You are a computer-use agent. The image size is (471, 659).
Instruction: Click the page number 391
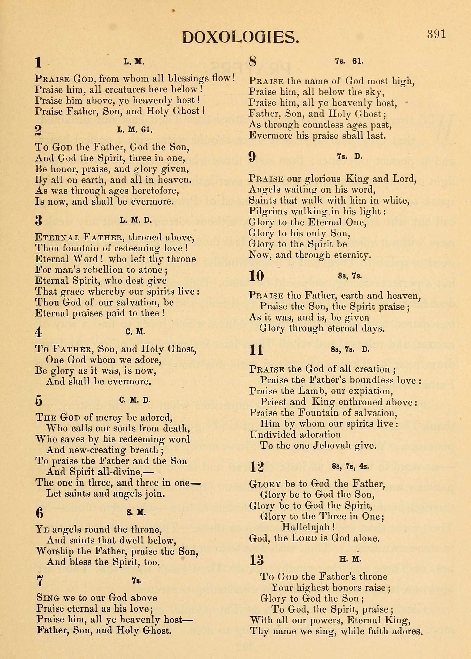tap(436, 34)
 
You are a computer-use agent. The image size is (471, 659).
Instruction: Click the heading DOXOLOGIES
tap(240, 38)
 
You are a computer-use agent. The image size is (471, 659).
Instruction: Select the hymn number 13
tap(257, 560)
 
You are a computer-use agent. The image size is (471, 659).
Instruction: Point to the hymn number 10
tap(257, 276)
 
